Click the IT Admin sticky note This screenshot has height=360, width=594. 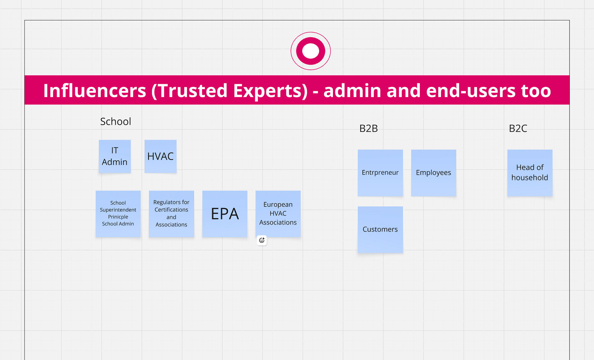[x=115, y=156]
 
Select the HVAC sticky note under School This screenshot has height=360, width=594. [x=160, y=156]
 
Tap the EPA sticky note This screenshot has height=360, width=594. [x=225, y=214]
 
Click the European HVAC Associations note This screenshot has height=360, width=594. [x=278, y=214]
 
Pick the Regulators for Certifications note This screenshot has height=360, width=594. [x=171, y=214]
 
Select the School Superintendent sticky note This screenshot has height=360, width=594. [x=118, y=214]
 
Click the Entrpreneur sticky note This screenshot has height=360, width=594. [x=380, y=173]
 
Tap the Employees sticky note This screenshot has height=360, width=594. [x=433, y=173]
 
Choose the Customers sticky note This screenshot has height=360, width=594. [x=380, y=229]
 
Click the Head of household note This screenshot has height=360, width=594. [x=530, y=173]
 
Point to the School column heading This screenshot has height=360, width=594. [x=116, y=122]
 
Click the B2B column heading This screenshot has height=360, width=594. [x=368, y=128]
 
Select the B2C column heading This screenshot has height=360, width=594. [x=518, y=128]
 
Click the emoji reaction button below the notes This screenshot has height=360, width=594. [x=262, y=240]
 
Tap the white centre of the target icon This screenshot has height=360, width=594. [x=310, y=51]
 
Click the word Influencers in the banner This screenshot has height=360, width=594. [x=94, y=91]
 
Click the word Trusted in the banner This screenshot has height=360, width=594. [x=193, y=91]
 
